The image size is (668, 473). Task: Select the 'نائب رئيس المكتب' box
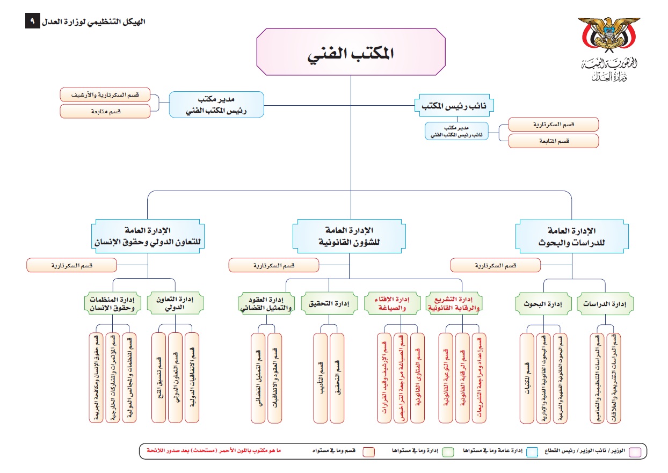pos(454,105)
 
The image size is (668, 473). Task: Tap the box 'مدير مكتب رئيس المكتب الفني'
pos(216,104)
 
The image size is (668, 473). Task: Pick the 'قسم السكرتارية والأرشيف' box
pos(105,95)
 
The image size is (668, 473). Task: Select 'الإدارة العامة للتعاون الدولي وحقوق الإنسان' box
pos(148,236)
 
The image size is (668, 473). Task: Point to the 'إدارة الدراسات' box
pos(605,304)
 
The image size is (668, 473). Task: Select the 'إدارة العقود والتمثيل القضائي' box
pos(266,304)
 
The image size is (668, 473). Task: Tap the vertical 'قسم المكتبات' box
pos(528,378)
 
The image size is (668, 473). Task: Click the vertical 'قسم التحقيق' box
pos(337,378)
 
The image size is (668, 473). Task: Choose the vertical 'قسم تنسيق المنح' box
pos(159,378)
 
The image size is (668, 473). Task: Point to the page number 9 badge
pos(32,21)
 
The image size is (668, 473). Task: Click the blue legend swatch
pos(532,452)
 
